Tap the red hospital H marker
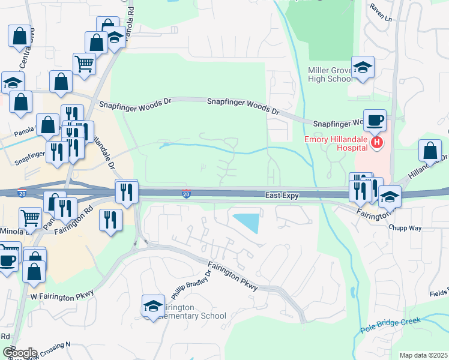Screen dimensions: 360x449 click(377, 143)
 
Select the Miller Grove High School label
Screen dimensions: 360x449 click(330, 74)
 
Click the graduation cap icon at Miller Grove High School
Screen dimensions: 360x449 click(363, 68)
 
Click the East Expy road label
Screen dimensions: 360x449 click(282, 196)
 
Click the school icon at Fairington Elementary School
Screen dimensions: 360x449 click(154, 307)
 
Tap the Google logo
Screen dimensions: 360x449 click(19, 353)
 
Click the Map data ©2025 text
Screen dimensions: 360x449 click(423, 355)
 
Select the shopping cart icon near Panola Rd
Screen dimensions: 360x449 click(84, 64)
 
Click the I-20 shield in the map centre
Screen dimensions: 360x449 click(187, 194)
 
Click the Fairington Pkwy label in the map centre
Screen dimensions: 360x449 click(233, 276)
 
